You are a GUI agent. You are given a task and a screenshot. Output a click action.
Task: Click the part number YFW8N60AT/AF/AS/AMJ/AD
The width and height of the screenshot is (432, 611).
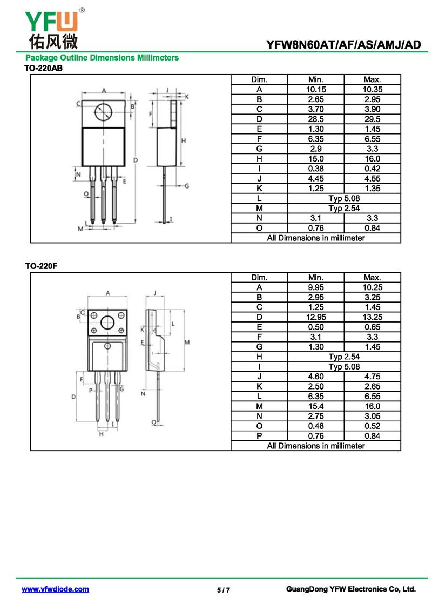[x=343, y=45]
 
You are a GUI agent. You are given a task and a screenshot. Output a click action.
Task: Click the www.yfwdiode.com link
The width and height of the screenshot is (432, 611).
[x=55, y=589]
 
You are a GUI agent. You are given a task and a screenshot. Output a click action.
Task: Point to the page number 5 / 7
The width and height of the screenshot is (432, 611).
[x=224, y=590]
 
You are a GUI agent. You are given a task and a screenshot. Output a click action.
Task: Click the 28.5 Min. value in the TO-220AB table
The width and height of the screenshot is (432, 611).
[x=315, y=119]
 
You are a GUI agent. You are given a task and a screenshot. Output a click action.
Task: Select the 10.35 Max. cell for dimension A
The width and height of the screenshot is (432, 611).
[x=372, y=89]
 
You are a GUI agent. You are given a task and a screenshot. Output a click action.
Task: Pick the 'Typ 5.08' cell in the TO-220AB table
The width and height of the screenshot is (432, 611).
[x=344, y=198]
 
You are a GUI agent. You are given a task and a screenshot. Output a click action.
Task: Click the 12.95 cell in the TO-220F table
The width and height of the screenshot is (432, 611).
[x=315, y=317]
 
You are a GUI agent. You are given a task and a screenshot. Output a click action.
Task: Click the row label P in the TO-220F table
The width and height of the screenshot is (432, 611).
[x=259, y=436]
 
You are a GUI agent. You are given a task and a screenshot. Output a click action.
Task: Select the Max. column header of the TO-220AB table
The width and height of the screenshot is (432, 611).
[x=372, y=79]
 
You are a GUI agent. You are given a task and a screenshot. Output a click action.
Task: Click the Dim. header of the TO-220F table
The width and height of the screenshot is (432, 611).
[x=259, y=278]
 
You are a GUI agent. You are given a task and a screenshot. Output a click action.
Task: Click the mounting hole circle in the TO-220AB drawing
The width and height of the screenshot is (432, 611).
[x=103, y=112]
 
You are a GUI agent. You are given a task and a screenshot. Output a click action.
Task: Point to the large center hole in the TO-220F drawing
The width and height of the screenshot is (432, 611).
[x=108, y=323]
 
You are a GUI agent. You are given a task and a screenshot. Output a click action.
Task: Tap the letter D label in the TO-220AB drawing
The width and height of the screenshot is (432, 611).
[x=136, y=160]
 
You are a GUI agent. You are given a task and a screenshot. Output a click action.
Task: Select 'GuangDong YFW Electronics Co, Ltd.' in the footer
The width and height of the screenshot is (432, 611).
[x=350, y=589]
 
